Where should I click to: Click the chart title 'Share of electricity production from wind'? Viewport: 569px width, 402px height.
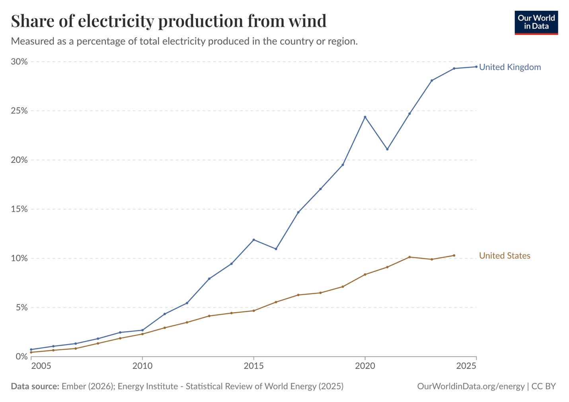pos(169,21)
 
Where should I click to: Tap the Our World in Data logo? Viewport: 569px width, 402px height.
pos(536,23)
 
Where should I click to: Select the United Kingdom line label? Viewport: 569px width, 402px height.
pos(510,67)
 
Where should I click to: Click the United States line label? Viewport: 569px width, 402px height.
pos(505,256)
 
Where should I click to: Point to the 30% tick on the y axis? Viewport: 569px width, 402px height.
pos(19,62)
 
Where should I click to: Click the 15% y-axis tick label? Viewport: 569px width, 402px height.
pos(19,209)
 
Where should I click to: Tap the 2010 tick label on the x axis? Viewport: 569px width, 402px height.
pos(142,366)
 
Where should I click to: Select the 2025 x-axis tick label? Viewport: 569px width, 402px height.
pos(466,366)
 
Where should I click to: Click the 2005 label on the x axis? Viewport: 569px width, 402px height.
pos(41,366)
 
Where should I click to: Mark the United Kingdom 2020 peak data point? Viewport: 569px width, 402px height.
pos(365,117)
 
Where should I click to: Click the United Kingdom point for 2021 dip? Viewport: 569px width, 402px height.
pos(387,149)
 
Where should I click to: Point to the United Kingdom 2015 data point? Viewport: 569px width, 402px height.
pos(254,240)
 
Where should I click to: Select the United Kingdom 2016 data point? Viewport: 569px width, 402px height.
pos(276,249)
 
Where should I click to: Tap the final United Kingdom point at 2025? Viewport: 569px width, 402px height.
pos(476,66)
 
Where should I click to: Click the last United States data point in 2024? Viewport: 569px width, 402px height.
pos(454,256)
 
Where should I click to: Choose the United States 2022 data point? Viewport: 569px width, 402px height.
pos(409,257)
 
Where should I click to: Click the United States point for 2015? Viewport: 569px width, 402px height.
pos(254,310)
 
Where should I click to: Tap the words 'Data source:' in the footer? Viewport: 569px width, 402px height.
pos(35,386)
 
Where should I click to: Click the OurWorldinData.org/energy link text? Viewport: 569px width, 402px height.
pos(471,386)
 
